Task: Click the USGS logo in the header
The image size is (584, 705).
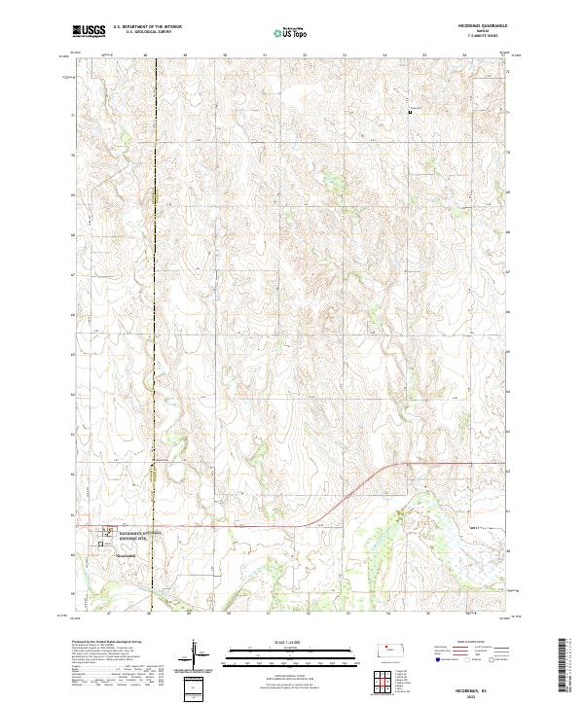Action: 90,31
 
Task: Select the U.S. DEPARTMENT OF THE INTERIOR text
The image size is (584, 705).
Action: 147,26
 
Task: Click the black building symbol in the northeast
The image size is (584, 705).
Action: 410,113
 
